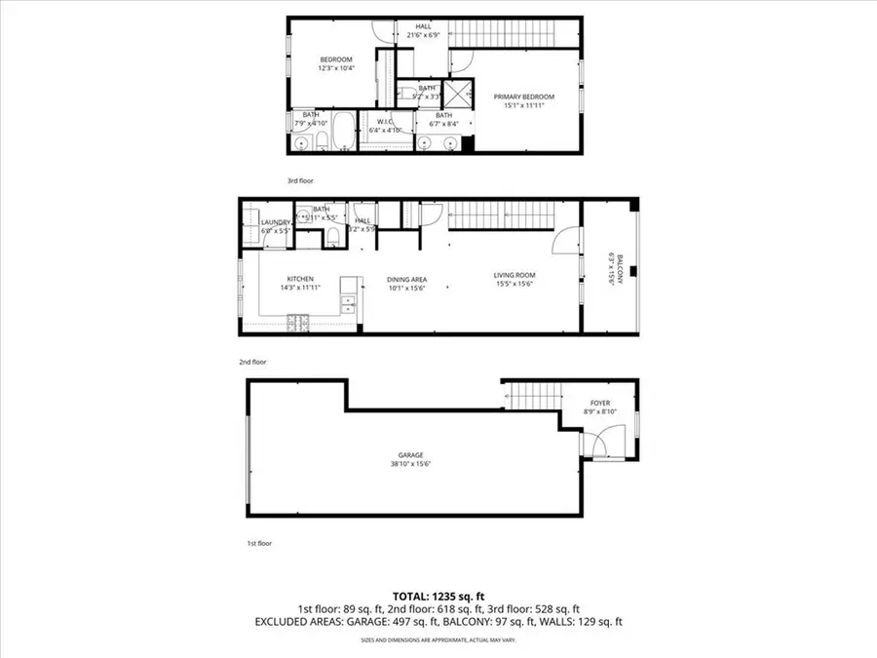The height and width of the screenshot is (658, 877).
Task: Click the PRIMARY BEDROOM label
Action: (523, 97)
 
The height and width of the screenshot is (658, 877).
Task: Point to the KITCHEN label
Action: (299, 279)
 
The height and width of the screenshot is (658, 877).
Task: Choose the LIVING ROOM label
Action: (514, 275)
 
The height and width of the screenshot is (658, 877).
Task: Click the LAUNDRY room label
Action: (276, 222)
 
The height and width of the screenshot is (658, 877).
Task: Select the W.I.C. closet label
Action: (376, 122)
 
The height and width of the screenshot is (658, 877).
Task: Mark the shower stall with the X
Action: (455, 95)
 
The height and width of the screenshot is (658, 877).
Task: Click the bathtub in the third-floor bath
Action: (343, 130)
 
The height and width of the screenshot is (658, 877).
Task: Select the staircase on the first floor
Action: (533, 397)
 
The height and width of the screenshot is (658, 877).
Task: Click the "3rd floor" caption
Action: (299, 180)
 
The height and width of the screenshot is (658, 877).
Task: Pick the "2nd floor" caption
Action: (252, 362)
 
